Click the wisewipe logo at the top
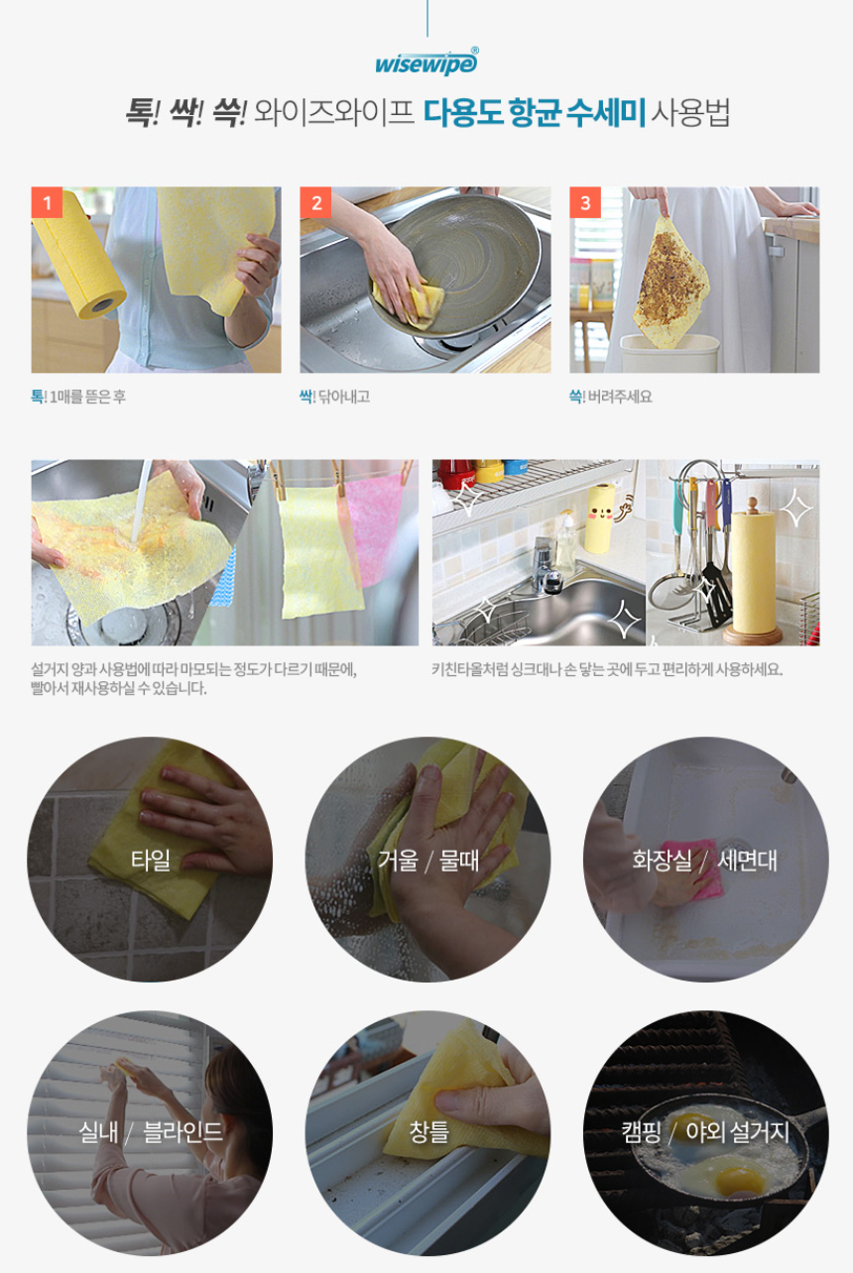coord(426,62)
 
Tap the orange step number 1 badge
coord(47,202)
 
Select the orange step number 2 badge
coord(315,202)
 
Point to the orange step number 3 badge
coord(585,202)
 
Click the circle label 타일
coord(151,860)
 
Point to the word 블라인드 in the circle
coord(183,1131)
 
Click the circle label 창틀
coord(428,1131)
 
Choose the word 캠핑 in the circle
coord(641,1131)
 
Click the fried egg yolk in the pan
coord(737,1180)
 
